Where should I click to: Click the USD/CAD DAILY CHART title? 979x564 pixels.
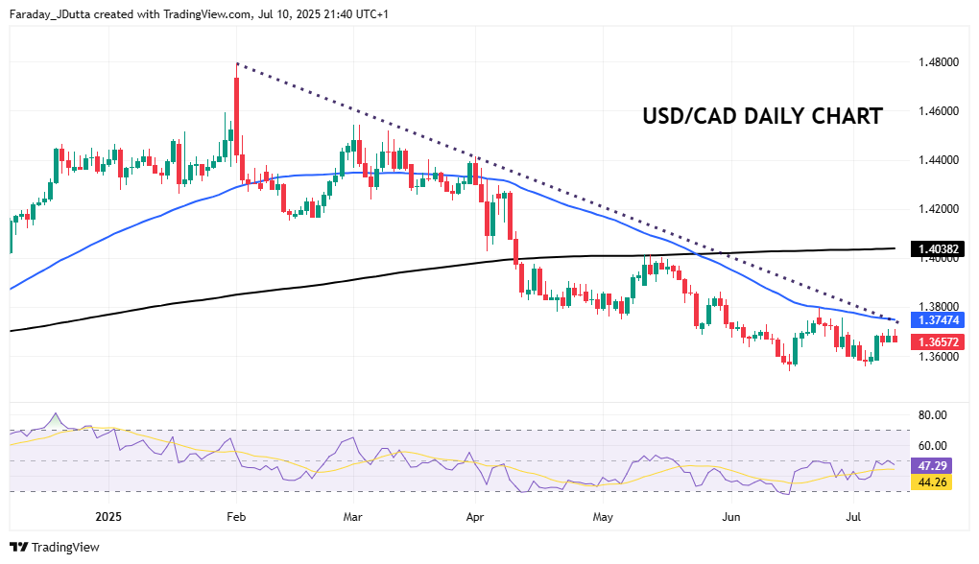(x=762, y=117)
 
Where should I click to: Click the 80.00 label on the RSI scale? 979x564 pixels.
(x=933, y=415)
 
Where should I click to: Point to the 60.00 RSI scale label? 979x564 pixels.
(x=933, y=446)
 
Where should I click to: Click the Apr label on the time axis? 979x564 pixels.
(x=474, y=516)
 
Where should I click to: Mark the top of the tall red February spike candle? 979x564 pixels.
(x=236, y=63)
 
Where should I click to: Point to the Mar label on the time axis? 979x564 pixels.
(x=352, y=516)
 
